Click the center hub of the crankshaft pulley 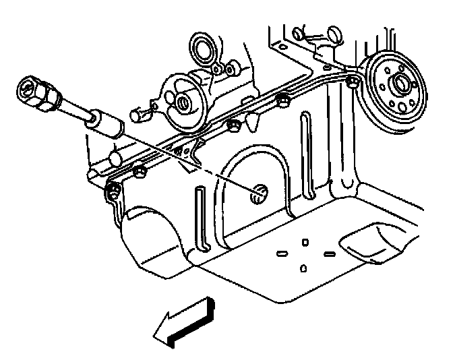399,86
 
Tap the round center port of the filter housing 183,103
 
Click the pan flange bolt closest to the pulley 352,82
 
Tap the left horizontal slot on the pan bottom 282,254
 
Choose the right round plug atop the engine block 334,33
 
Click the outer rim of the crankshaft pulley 375,108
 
